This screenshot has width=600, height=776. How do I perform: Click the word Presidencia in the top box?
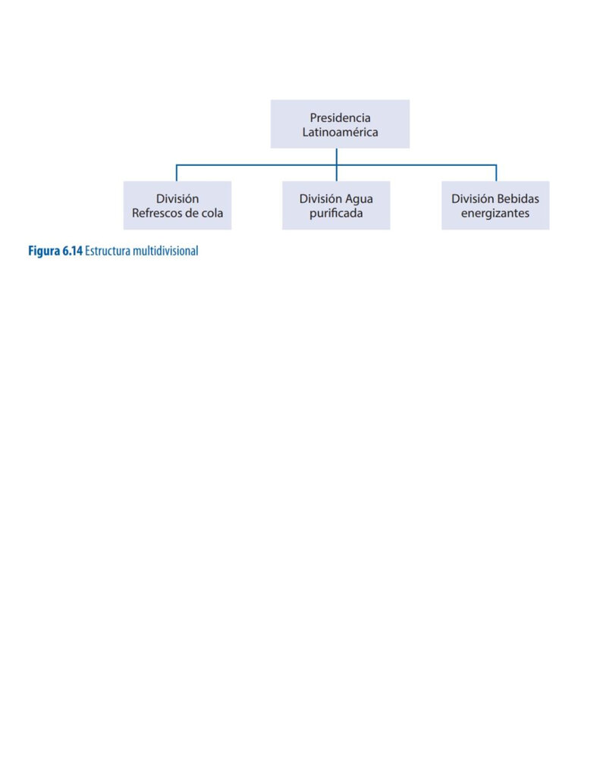[340, 117]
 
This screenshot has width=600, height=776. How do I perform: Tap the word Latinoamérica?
[340, 132]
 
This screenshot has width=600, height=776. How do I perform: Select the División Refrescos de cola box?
[177, 205]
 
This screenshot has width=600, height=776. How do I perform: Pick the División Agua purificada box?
[336, 205]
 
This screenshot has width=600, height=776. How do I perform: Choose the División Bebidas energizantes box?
[495, 205]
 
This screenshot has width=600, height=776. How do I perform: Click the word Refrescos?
[156, 213]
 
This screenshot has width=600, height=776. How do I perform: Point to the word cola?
[212, 213]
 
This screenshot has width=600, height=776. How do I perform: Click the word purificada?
[336, 213]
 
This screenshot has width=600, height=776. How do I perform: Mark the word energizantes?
[495, 213]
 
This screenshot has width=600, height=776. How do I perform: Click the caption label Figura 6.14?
[55, 251]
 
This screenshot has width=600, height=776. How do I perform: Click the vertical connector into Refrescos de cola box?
[177, 174]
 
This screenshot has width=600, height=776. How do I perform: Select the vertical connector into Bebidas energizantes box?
[496, 174]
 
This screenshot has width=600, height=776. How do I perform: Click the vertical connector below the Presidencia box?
[337, 164]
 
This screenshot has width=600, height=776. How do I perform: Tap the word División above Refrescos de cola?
[177, 199]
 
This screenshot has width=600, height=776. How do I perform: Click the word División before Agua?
[321, 199]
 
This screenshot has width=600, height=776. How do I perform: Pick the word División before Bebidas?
[472, 199]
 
